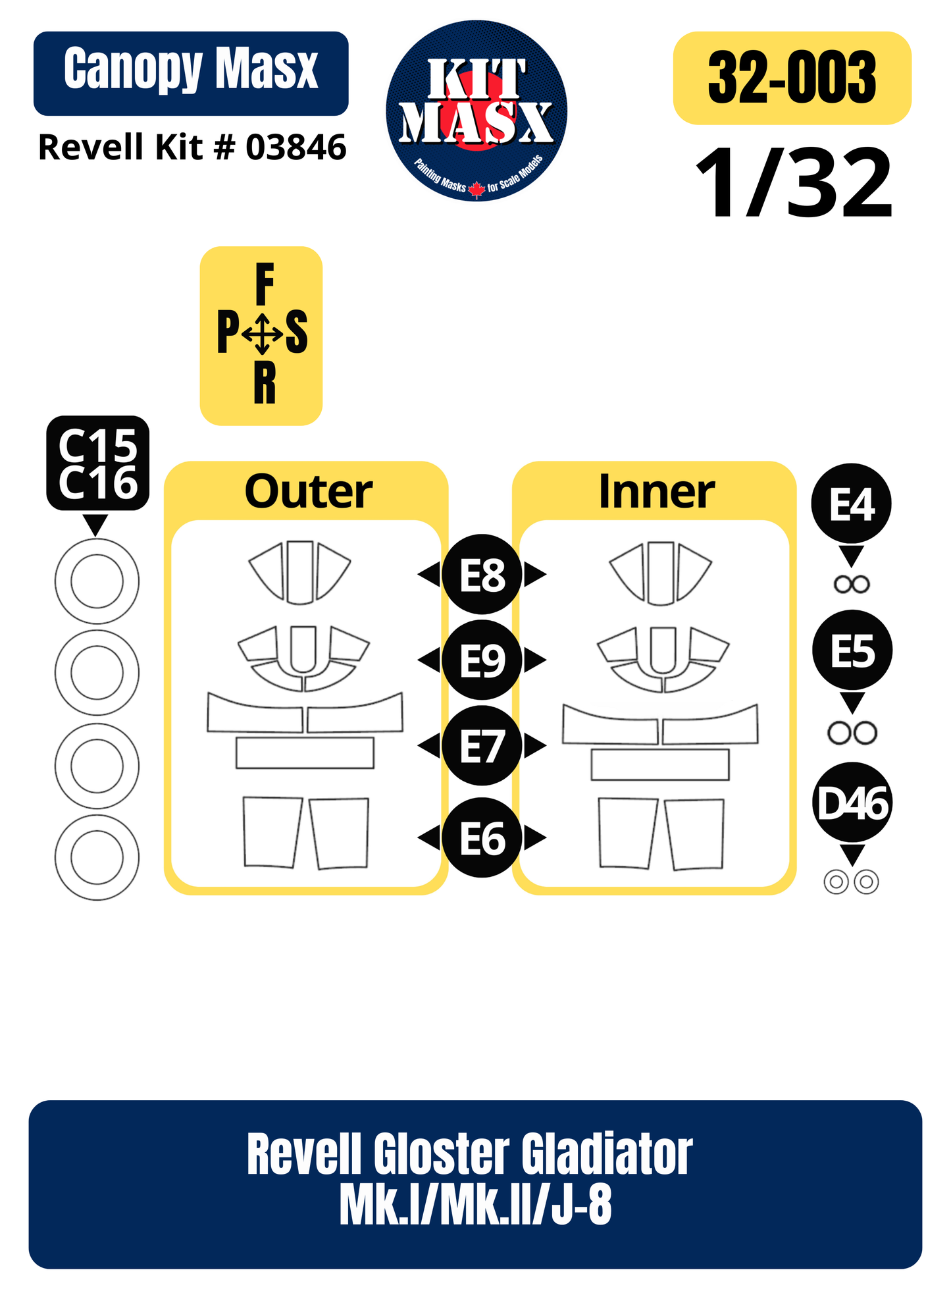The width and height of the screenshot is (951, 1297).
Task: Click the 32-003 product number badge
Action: pos(792,78)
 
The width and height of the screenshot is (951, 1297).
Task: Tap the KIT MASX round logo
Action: pos(476,111)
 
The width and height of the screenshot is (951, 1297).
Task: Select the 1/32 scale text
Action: pos(794,183)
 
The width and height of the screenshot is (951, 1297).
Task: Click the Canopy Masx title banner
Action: pos(191,73)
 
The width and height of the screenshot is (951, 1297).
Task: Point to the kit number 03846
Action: pos(296,147)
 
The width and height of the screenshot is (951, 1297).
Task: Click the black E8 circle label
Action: pos(482,574)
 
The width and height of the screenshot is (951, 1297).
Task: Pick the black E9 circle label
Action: pos(482,660)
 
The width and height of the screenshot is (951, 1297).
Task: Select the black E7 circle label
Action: pos(482,746)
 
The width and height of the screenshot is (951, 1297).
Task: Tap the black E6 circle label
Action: pos(482,837)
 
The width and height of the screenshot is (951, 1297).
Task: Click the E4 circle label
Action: pos(852,504)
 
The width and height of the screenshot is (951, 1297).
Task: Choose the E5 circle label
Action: pos(852,650)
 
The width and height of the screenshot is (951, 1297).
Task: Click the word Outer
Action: pos(308,492)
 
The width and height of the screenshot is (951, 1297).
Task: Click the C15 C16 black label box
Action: pos(97,463)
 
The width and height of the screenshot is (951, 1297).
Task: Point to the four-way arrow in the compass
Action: pos(262,334)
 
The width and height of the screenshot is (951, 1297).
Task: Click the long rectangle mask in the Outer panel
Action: pos(305,753)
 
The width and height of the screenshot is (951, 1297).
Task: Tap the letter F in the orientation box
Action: pos(264,284)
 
